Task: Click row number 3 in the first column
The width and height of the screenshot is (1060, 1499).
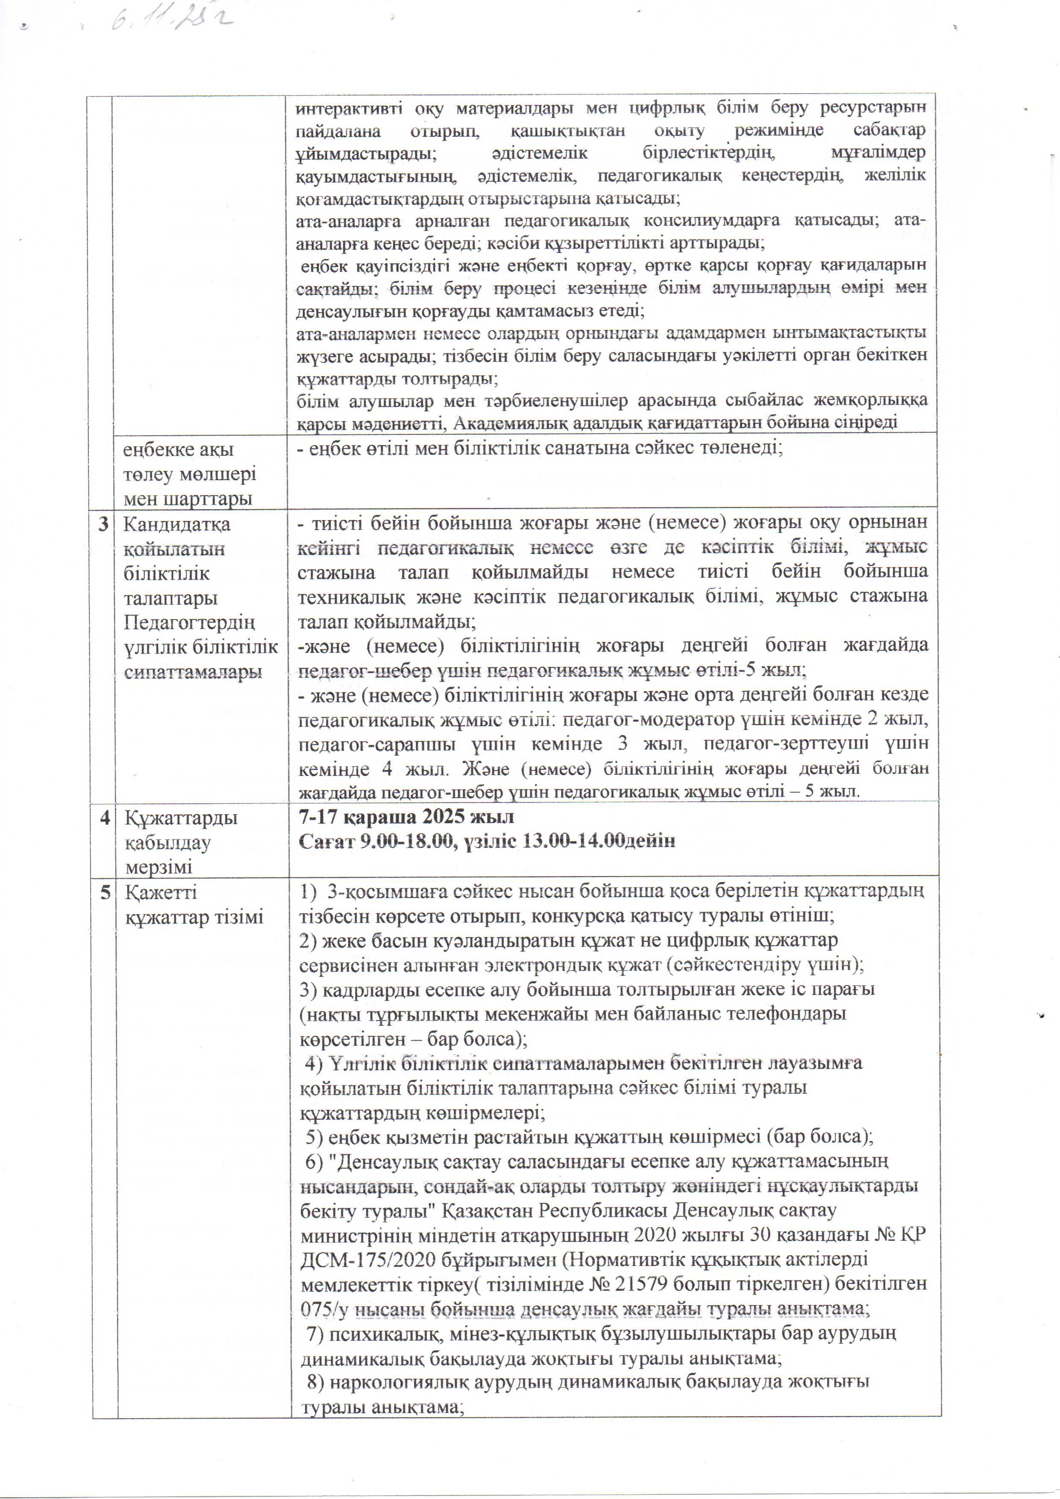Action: point(104,524)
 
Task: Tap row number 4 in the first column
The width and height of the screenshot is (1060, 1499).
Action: point(104,818)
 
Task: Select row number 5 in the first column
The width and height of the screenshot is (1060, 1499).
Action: point(104,892)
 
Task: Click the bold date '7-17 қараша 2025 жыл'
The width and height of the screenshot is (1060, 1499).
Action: point(406,817)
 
